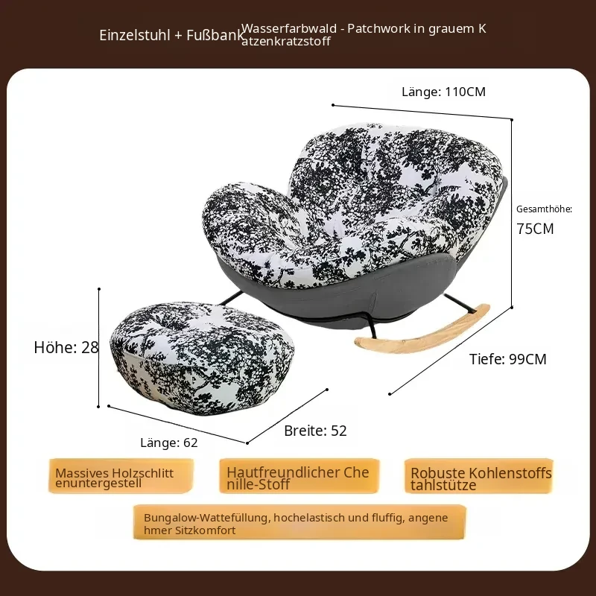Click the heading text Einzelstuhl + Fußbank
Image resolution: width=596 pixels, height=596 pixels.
click(171, 35)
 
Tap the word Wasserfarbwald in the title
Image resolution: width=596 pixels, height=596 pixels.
click(289, 28)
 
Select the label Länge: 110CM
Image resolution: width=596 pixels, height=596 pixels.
click(443, 92)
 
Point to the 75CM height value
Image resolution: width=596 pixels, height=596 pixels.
click(535, 229)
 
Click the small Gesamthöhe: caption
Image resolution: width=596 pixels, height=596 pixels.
click(544, 209)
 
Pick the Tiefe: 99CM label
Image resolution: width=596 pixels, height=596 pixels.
click(508, 359)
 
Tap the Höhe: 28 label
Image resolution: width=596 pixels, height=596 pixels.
click(66, 347)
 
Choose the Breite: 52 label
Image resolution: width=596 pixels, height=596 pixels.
click(315, 431)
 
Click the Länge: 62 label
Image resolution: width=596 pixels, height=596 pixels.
click(169, 443)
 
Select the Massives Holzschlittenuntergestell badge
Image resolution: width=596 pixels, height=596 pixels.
click(121, 476)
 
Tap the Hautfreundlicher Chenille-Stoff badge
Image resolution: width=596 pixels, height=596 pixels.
click(299, 476)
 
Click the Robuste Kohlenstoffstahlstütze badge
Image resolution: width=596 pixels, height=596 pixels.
click(479, 476)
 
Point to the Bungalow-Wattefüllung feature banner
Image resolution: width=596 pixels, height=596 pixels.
click(299, 522)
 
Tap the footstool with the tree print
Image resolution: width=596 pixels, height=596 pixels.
click(202, 358)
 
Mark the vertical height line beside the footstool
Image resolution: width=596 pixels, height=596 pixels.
click(99, 347)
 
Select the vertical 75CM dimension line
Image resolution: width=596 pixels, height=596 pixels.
click(512, 213)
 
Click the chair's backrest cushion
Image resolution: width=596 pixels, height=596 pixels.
click(396, 171)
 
